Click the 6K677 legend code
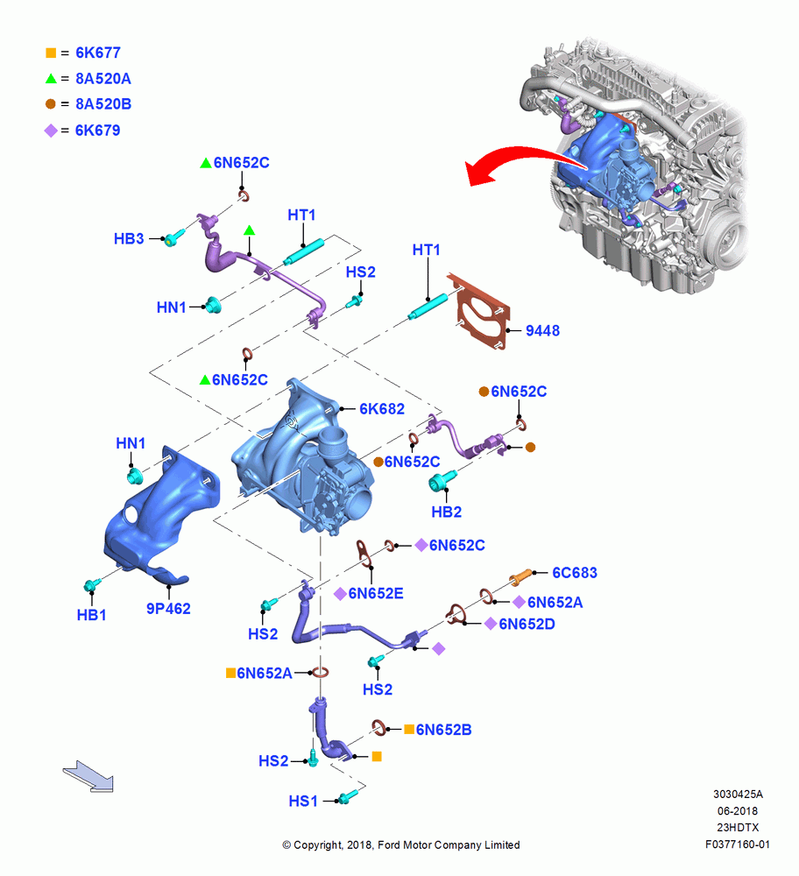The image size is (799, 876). pos(98,53)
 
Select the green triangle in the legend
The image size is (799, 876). pos(51,79)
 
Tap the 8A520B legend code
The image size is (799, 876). pos(103,104)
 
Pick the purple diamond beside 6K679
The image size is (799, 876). pos(51,131)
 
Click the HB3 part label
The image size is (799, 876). pos(129,238)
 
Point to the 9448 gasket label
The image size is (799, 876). pos(542,331)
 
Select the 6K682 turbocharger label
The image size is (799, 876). pos(382,409)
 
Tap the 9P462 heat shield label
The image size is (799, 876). pos(168,609)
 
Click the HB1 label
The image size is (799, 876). pos(92,615)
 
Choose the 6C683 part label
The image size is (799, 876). pos(575,573)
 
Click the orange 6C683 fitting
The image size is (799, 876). pos(520,576)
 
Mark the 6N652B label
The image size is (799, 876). pos(443,730)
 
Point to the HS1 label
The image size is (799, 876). pos(303,802)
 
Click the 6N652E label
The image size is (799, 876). pos(376,593)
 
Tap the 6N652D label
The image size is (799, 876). pos(527,624)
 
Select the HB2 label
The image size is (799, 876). pos(447,512)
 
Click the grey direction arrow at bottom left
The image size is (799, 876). pos(88,776)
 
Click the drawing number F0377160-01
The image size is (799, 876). pos(737,844)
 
